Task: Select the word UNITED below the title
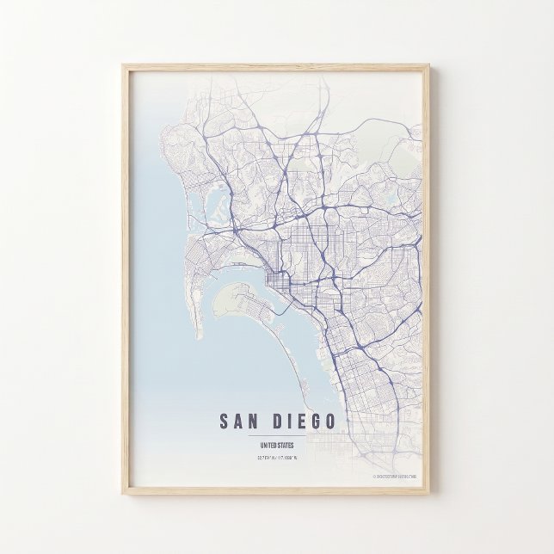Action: [x=267, y=445]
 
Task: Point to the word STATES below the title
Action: [x=285, y=445]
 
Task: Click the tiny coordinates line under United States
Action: [x=276, y=457]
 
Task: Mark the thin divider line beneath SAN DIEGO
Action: [x=276, y=436]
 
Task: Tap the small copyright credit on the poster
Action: [x=395, y=475]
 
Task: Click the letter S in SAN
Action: [x=225, y=422]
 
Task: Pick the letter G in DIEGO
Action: [x=315, y=422]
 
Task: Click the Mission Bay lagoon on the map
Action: [x=215, y=202]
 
